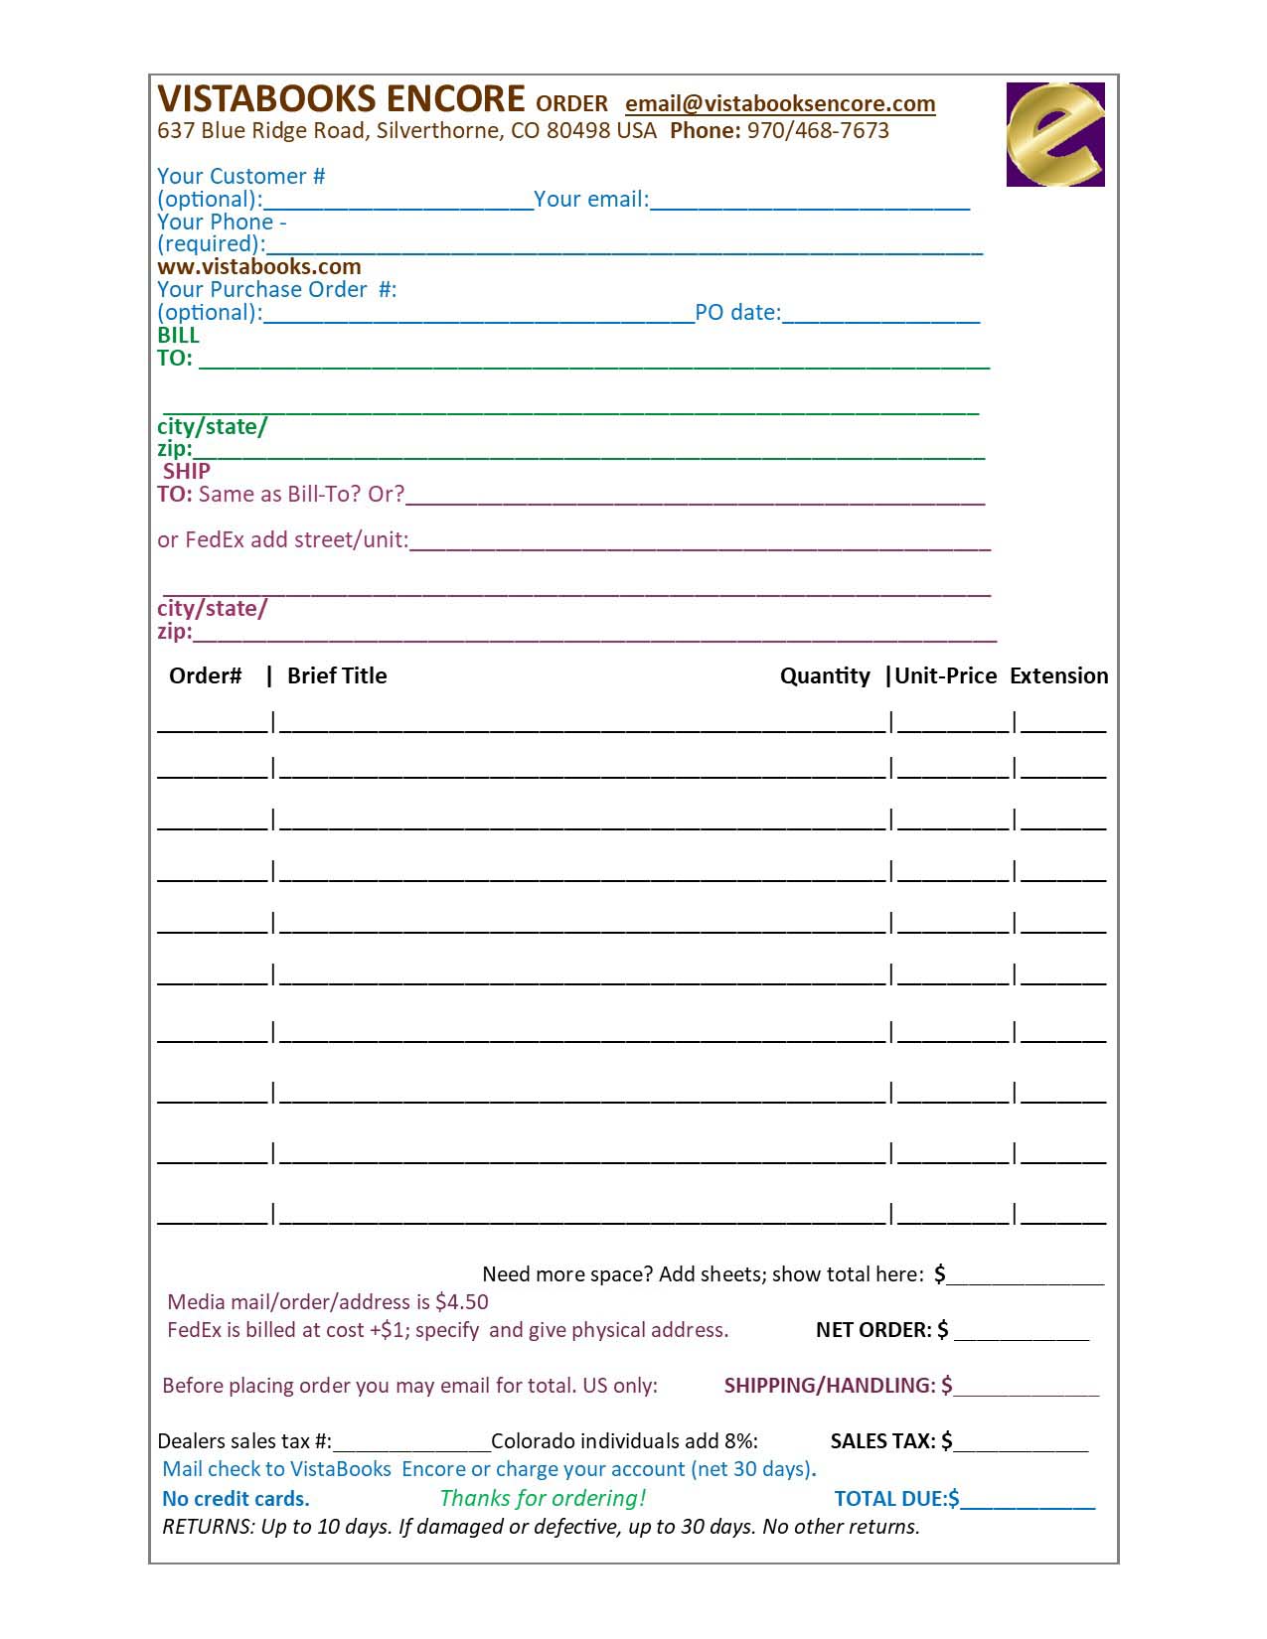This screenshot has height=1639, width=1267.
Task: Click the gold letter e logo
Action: [x=1054, y=134]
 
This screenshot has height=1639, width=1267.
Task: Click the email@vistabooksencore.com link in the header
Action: [x=780, y=104]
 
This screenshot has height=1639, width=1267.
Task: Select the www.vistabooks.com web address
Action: [x=258, y=267]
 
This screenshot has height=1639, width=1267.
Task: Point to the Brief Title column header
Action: [x=336, y=676]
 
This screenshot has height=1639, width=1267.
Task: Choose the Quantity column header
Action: [x=825, y=676]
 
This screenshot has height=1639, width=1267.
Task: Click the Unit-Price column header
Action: [x=945, y=676]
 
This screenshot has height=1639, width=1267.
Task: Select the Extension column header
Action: [x=1058, y=676]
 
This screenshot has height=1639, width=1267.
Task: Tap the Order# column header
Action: [x=205, y=676]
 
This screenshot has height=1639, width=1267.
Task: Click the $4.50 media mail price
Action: [x=461, y=1302]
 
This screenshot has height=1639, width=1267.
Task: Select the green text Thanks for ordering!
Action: [x=543, y=1499]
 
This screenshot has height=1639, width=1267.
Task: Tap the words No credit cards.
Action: [x=236, y=1499]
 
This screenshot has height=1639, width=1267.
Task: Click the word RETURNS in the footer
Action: [x=207, y=1527]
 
